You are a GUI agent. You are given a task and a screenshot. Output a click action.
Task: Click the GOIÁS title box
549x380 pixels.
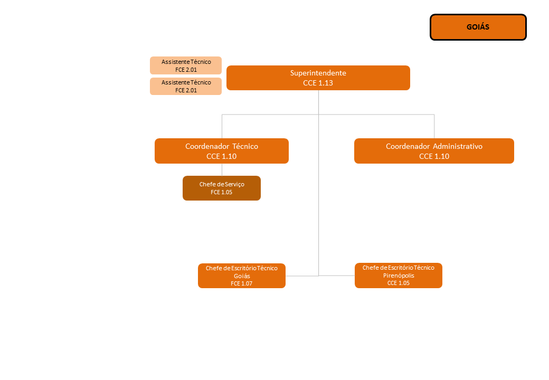click(x=478, y=27)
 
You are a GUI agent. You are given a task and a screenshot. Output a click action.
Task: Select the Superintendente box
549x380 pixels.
click(x=318, y=78)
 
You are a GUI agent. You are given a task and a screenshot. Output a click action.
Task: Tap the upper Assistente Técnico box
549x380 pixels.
click(x=186, y=65)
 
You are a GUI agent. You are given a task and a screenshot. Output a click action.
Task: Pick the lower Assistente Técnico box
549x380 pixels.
click(x=186, y=86)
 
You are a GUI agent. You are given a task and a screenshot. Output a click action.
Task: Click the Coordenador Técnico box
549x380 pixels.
click(x=222, y=151)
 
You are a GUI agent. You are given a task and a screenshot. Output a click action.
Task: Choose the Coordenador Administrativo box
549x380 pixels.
click(x=434, y=151)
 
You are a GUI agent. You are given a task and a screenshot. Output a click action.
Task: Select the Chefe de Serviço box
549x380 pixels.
click(x=222, y=188)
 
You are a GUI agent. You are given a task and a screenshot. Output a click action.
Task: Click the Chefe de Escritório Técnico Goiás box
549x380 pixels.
click(x=242, y=275)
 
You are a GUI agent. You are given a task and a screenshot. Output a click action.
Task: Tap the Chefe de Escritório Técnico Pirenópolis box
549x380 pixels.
click(x=399, y=275)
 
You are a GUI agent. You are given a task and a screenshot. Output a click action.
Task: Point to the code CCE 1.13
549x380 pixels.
click(x=318, y=83)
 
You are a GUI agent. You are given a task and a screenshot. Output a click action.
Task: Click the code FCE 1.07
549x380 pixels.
click(x=242, y=283)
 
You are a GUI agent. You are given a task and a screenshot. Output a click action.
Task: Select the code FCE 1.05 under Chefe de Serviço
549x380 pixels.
click(x=222, y=193)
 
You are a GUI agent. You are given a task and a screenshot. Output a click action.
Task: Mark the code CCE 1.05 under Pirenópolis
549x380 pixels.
click(x=399, y=283)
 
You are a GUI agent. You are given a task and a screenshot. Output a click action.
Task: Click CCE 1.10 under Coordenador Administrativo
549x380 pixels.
click(x=434, y=156)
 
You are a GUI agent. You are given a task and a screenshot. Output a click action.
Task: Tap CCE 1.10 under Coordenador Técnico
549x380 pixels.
click(x=222, y=156)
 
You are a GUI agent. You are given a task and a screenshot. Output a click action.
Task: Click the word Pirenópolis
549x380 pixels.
click(x=399, y=275)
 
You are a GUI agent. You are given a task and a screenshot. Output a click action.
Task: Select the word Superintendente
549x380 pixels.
click(x=318, y=73)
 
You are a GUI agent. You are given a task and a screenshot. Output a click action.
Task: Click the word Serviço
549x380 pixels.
click(x=234, y=184)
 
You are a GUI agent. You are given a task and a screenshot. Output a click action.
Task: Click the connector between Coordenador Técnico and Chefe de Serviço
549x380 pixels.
click(x=222, y=169)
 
